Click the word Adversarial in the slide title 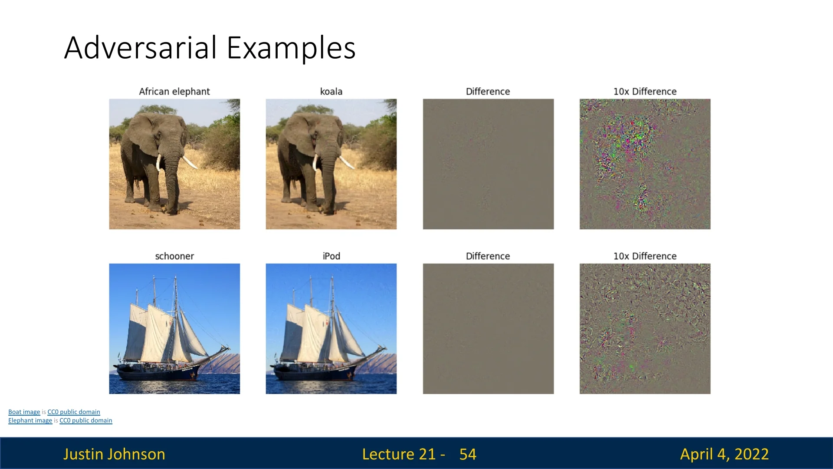coord(141,47)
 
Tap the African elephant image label coord(174,92)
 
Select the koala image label coord(331,92)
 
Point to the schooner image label coord(174,256)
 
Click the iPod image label coord(331,256)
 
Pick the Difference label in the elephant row coord(488,92)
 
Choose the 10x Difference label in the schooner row coord(645,256)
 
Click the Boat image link coord(24,412)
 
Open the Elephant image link coord(30,421)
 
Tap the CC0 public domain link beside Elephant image coord(86,421)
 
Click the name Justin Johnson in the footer coord(114,454)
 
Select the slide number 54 coord(468,454)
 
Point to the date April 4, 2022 coord(725,454)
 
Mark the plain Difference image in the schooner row coord(488,329)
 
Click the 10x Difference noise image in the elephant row coord(645,164)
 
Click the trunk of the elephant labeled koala coord(328,182)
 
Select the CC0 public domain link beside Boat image coord(74,412)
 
